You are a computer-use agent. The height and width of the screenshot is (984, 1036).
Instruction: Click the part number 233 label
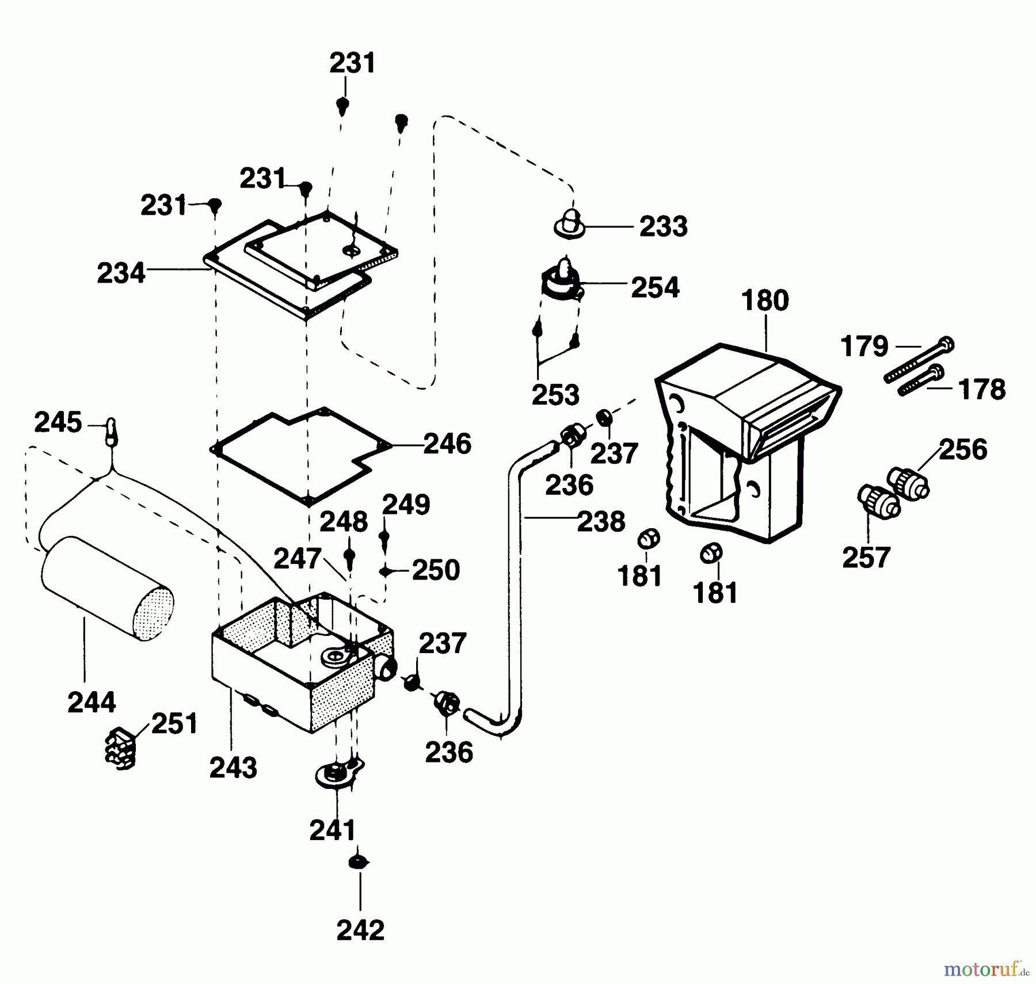click(x=663, y=227)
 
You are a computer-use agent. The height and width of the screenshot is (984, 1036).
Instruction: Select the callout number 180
click(x=765, y=301)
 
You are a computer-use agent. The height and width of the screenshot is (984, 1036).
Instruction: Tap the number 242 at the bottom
click(x=360, y=930)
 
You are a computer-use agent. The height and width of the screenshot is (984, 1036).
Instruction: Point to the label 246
click(x=447, y=444)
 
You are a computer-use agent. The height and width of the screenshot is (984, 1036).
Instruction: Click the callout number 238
click(x=601, y=522)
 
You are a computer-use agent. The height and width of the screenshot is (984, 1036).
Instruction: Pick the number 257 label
click(x=866, y=558)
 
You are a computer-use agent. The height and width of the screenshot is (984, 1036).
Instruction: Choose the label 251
click(x=174, y=724)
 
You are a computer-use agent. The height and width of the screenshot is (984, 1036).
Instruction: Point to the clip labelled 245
click(x=111, y=431)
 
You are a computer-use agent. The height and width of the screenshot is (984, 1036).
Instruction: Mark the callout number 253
click(x=555, y=395)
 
